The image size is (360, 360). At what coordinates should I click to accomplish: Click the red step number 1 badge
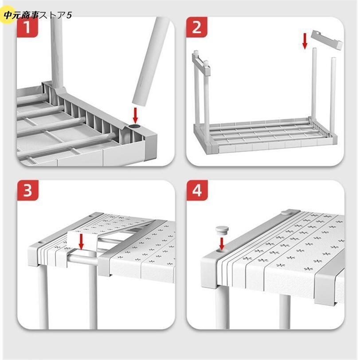[x=27, y=27]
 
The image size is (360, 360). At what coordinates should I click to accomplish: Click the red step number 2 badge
[x=196, y=27]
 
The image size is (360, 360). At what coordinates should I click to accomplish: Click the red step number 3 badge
[x=27, y=190]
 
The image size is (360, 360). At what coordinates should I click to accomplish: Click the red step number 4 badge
[x=197, y=190]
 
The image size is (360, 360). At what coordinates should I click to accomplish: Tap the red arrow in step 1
[x=136, y=115]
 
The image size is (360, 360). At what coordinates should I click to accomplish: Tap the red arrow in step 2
[x=305, y=41]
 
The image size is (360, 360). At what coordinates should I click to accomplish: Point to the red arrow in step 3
[x=81, y=242]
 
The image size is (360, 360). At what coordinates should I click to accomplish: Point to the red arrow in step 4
[x=222, y=244]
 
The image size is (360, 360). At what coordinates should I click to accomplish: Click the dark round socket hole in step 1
[x=134, y=127]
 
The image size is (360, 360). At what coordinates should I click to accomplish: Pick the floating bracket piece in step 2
[x=327, y=39]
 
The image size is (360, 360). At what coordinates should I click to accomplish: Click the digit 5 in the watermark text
[x=69, y=16]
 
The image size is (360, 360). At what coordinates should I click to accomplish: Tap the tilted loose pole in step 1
[x=151, y=62]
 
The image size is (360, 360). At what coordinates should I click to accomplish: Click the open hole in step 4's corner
[x=221, y=251]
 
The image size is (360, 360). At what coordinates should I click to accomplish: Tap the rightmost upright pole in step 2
[x=333, y=97]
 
